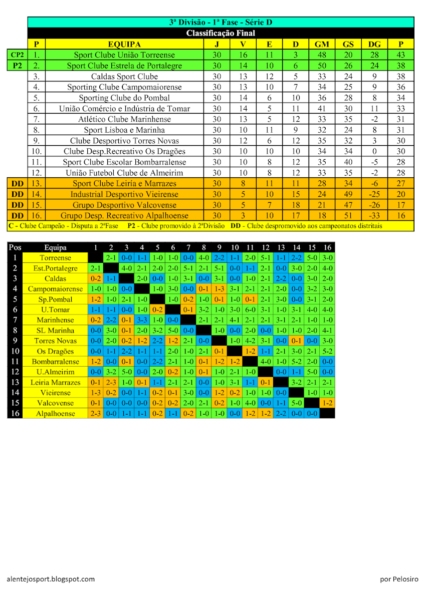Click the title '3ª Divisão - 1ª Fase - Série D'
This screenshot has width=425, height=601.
[221, 22]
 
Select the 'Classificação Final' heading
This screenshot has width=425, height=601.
[221, 33]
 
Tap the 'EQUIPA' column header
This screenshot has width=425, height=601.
[124, 44]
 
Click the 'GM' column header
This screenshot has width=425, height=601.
[322, 44]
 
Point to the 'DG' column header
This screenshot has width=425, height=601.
[374, 44]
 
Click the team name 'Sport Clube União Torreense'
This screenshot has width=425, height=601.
[124, 55]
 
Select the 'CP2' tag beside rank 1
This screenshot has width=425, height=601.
[17, 55]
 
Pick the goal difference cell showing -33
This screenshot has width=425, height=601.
[374, 215]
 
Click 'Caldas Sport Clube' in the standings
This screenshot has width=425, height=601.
[124, 77]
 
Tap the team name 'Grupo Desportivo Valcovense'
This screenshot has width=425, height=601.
[124, 205]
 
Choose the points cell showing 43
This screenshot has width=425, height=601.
[401, 55]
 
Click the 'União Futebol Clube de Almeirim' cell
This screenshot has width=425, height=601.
[124, 173]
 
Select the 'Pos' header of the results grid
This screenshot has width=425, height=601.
[15, 247]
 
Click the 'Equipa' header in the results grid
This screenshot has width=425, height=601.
[55, 247]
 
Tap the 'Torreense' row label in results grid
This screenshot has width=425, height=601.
[55, 258]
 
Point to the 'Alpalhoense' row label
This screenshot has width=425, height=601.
[55, 414]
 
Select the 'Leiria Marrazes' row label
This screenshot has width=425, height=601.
[55, 382]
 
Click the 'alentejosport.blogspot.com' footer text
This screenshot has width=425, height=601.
[51, 579]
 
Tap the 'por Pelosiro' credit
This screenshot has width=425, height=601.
[398, 579]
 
